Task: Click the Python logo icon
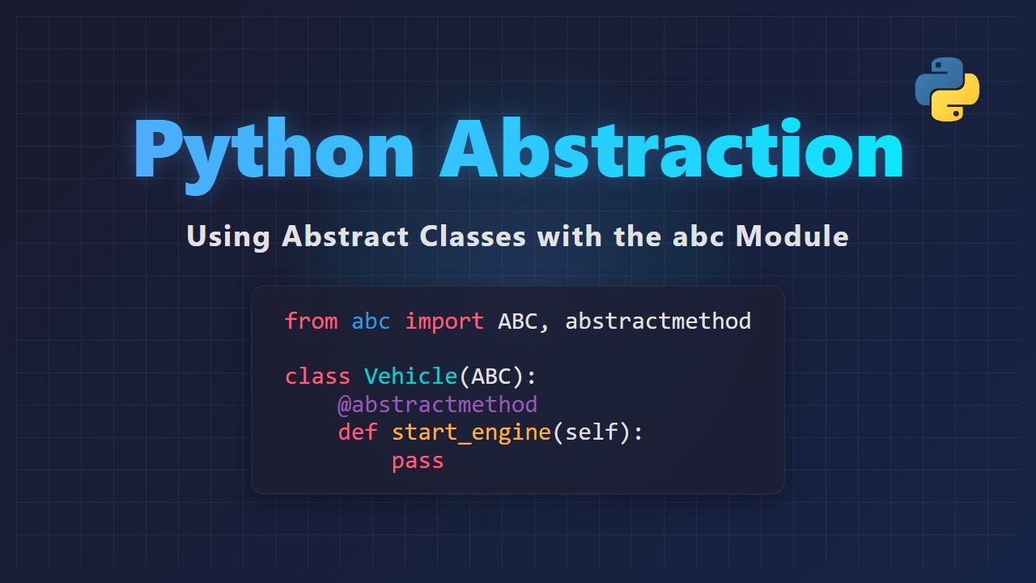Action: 947,89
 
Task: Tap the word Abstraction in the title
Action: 671,150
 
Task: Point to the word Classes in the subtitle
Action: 473,236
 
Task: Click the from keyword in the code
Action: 311,321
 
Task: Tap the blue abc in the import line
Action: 371,321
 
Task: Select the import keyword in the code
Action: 444,321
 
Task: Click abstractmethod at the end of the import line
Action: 658,321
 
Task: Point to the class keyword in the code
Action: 317,377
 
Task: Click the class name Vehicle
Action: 410,377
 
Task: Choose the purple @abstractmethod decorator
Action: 437,404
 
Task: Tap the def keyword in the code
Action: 358,432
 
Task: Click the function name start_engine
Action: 471,432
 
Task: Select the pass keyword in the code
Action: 418,461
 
